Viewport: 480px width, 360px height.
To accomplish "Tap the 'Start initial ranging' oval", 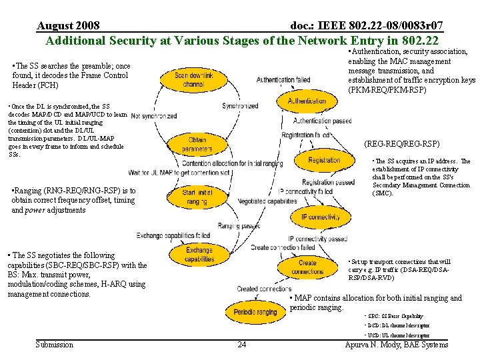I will [x=198, y=197].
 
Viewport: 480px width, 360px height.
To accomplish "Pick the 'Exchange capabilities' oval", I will [x=199, y=255].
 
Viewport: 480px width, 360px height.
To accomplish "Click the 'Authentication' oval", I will [x=307, y=101].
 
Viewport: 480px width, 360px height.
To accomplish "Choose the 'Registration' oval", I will [x=324, y=160].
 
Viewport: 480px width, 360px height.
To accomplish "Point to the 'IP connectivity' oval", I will [x=320, y=217].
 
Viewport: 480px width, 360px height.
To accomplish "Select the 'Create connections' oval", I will [x=307, y=267].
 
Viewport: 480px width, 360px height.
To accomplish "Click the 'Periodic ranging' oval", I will [x=256, y=312].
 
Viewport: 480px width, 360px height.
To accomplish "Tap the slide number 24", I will [x=241, y=345].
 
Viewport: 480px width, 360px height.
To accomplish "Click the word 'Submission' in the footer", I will [x=54, y=345].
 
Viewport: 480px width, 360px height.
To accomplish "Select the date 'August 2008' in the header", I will [x=69, y=26].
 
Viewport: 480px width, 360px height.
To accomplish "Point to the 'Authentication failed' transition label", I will [x=283, y=80].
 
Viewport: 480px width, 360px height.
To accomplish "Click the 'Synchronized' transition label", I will [x=240, y=106].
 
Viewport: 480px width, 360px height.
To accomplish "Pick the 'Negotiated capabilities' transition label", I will [x=267, y=201].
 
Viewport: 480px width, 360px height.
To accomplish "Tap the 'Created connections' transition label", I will [x=264, y=289].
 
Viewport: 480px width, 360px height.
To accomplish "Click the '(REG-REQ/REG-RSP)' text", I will [x=401, y=144].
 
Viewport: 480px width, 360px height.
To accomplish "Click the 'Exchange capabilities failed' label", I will [x=173, y=236].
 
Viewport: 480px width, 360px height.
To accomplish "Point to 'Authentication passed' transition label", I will [x=322, y=121].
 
